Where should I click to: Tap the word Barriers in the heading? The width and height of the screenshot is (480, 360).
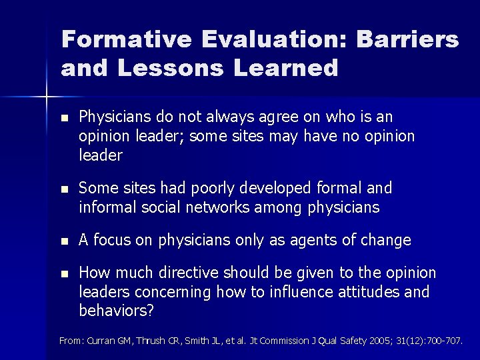pyautogui.click(x=408, y=39)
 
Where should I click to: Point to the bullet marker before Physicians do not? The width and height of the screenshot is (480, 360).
pyautogui.click(x=64, y=118)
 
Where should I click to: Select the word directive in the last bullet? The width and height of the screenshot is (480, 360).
pyautogui.click(x=201, y=273)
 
